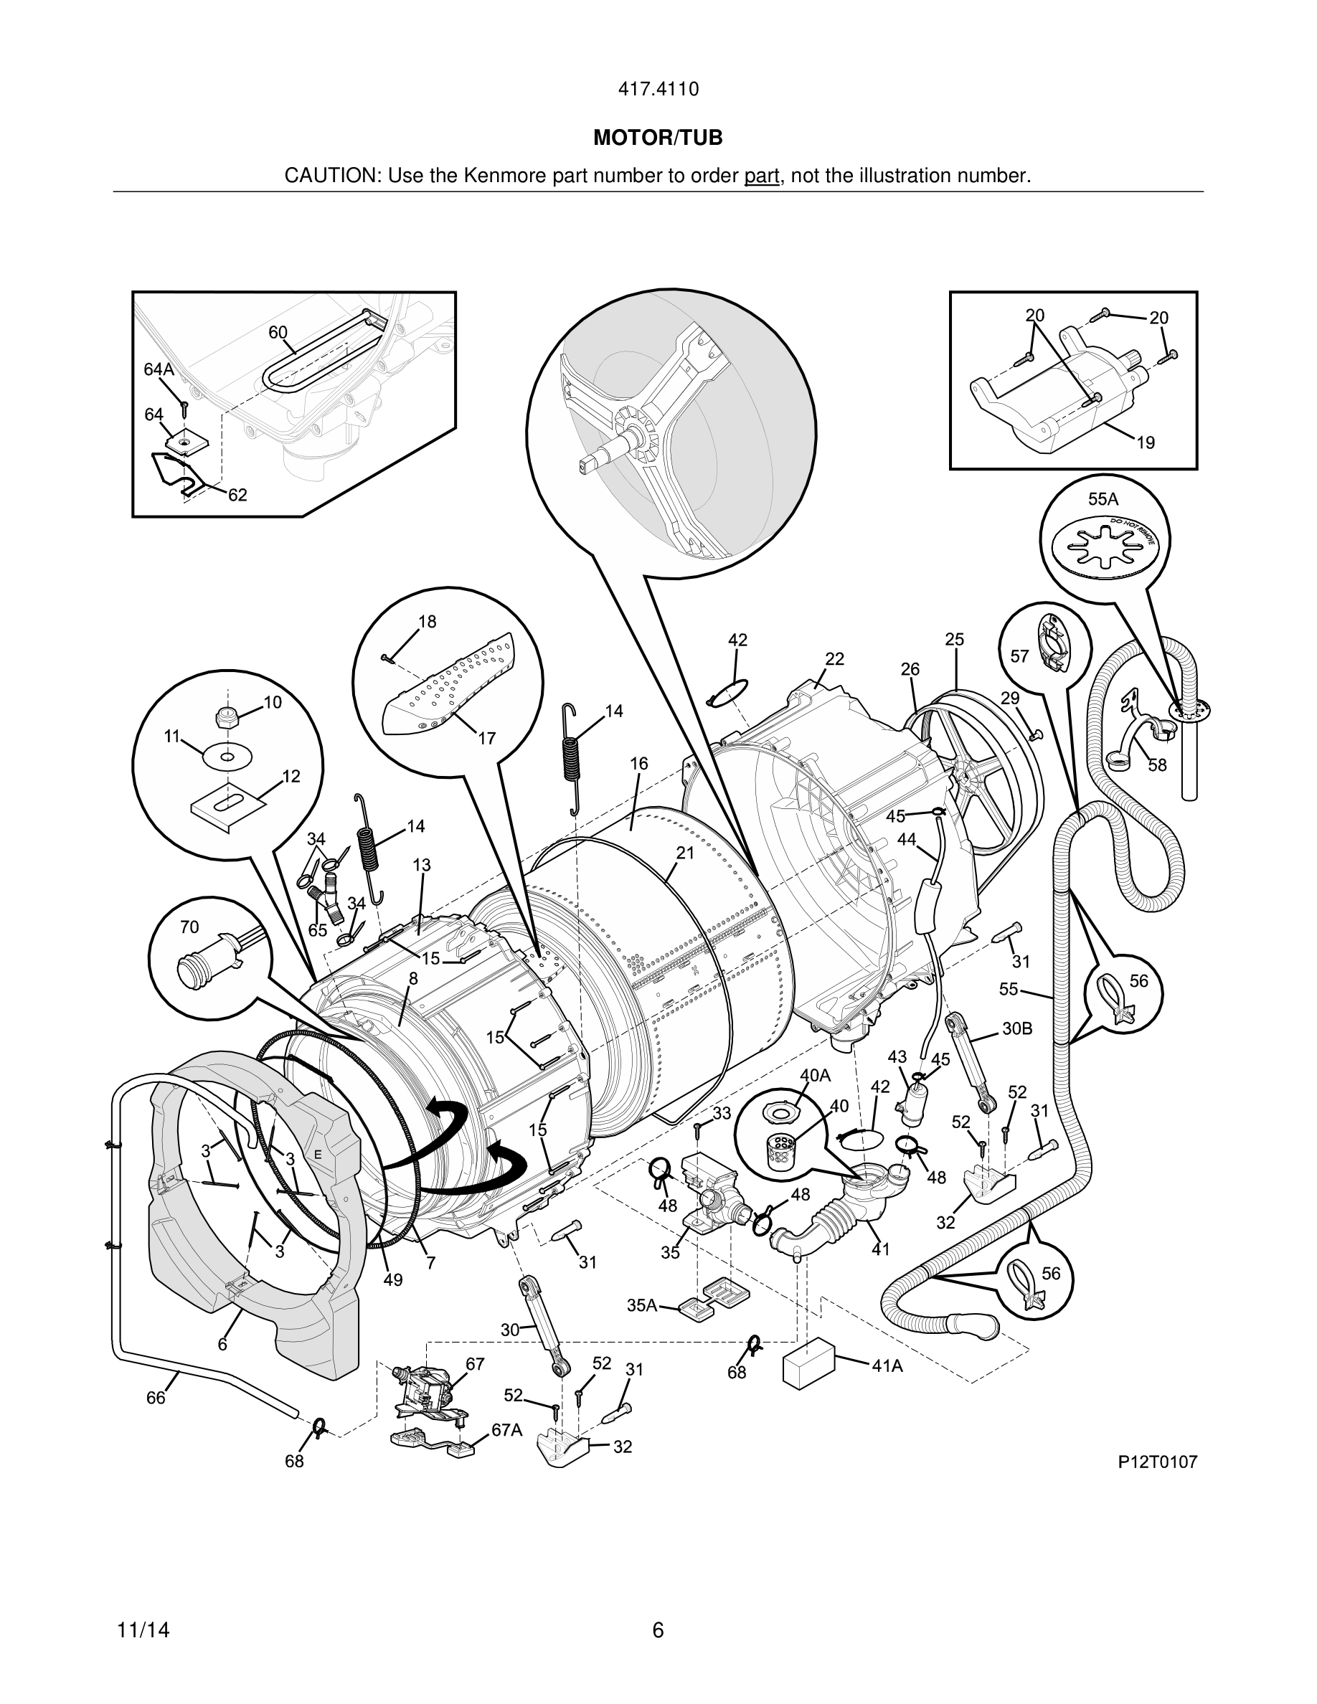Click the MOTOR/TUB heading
tap(658, 138)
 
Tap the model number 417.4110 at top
tap(658, 89)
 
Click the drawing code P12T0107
tap(1157, 1462)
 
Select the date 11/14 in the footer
tap(143, 1631)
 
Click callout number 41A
tap(887, 1365)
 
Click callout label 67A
tap(506, 1429)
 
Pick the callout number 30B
tap(1016, 1028)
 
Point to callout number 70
tap(189, 927)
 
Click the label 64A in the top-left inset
tap(159, 370)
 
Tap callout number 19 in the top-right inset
tap(1145, 442)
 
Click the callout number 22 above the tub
tap(835, 658)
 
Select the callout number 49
tap(392, 1279)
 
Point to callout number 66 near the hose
tap(156, 1397)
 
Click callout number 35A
tap(641, 1305)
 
